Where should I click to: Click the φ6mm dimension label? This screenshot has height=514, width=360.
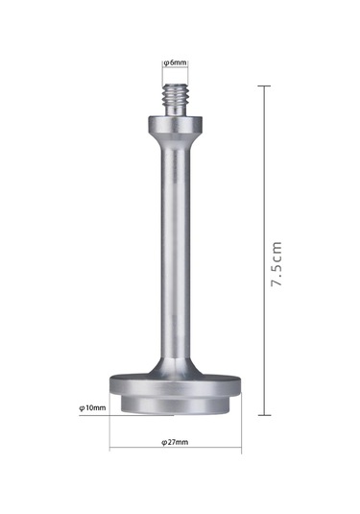[176, 62]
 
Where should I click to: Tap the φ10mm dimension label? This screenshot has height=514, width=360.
[92, 407]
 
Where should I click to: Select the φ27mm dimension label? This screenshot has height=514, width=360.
[175, 442]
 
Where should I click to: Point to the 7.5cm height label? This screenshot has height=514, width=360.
[276, 264]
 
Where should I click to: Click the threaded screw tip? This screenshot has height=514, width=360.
[175, 99]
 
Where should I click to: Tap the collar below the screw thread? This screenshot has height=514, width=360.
[175, 124]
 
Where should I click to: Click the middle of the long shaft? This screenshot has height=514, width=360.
[176, 253]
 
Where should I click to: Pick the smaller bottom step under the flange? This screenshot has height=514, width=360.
[176, 404]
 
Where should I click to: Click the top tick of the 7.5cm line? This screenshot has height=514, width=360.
[264, 86]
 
